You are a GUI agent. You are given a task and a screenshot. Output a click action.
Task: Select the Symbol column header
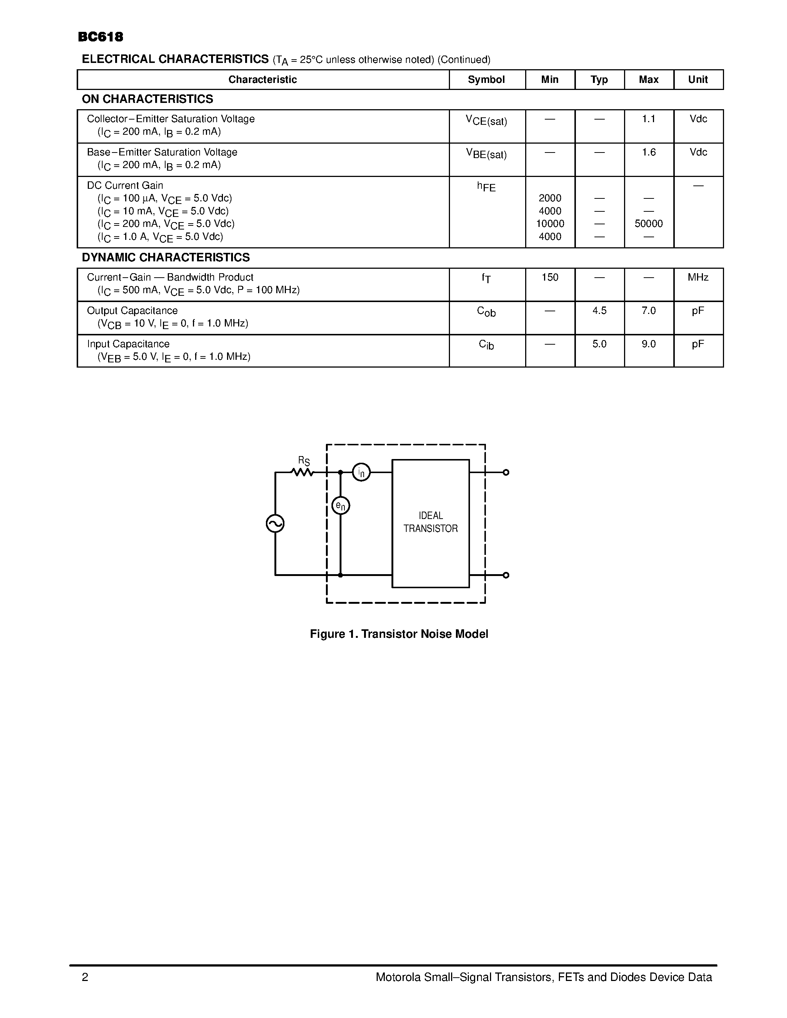tap(486, 80)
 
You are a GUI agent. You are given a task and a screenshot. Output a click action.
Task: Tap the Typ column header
tap(599, 80)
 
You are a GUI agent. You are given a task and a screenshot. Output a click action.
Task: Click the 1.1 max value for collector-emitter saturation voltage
tap(648, 119)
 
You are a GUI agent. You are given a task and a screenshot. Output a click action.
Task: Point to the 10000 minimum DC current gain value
tap(550, 224)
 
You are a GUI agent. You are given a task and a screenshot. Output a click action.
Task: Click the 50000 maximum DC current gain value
tap(648, 224)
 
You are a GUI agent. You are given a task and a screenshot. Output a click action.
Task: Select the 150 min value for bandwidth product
tap(550, 277)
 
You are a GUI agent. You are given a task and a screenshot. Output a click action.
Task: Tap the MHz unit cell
tap(698, 277)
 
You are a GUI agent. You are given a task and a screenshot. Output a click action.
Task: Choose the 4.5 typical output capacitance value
tap(599, 311)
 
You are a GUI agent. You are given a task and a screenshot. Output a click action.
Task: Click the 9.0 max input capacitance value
tap(648, 344)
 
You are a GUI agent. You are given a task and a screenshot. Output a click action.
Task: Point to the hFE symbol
tap(486, 187)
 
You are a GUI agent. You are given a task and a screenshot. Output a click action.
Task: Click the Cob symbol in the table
tap(486, 311)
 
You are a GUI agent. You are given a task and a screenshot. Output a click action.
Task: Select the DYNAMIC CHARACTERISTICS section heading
tap(166, 257)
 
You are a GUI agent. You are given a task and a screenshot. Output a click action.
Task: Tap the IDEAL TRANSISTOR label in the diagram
tap(430, 522)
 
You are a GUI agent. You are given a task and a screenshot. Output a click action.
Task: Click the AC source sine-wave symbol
tap(275, 523)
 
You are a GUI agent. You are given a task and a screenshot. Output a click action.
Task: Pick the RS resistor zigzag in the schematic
tap(303, 472)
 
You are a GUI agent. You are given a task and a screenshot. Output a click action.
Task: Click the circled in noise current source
tap(361, 472)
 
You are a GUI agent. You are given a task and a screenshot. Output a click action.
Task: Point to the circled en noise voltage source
tap(340, 506)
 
